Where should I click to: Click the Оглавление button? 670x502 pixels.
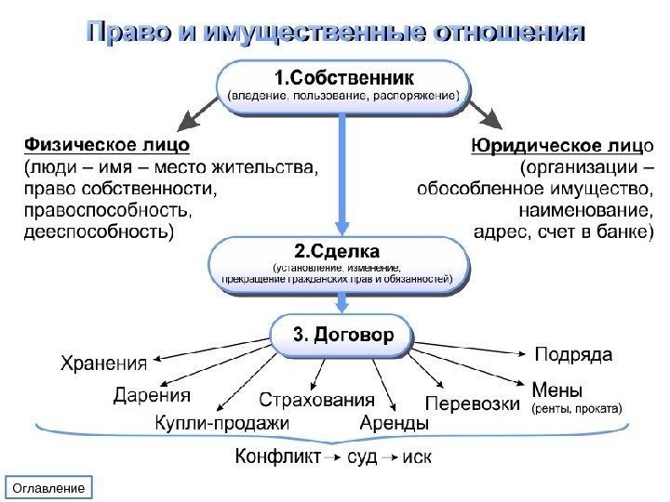(x=52, y=487)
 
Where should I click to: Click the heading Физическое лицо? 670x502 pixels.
(x=105, y=145)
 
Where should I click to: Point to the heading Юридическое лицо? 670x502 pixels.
(x=561, y=145)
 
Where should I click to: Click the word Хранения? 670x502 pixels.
(x=105, y=362)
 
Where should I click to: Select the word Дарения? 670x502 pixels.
(x=152, y=395)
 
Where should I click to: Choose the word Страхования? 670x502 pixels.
(x=315, y=401)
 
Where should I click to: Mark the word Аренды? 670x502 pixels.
(x=394, y=424)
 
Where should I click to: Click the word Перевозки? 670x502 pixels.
(x=471, y=403)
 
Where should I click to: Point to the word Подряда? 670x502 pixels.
(x=573, y=354)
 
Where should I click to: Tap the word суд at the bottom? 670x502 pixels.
(x=362, y=457)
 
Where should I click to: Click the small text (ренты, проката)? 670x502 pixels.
(x=577, y=407)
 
